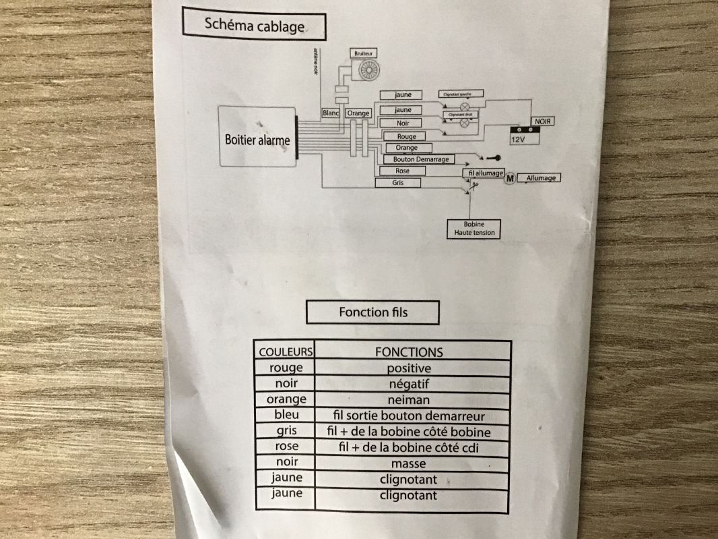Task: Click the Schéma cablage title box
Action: point(254,25)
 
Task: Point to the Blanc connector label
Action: point(331,113)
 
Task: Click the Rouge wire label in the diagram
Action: point(406,136)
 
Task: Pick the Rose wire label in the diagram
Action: point(403,171)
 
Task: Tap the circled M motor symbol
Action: point(510,178)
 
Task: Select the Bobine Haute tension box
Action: point(474,229)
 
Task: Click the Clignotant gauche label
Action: point(461,94)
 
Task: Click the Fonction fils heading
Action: point(372,312)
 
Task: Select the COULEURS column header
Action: point(286,351)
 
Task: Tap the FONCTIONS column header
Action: point(409,351)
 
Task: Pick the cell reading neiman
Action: point(409,399)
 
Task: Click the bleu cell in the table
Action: point(286,415)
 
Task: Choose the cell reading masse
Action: point(409,463)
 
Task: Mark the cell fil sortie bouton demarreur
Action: point(409,416)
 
